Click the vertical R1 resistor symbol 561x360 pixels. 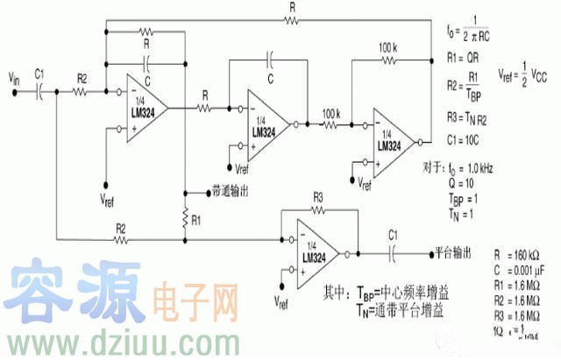[x=186, y=215]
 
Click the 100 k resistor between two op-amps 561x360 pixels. [x=332, y=125]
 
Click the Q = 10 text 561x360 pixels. [x=465, y=185]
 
